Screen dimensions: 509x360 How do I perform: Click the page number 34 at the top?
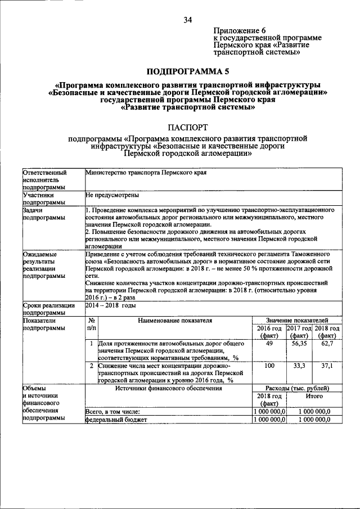click(188, 20)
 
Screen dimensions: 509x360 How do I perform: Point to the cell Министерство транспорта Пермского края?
click(146, 173)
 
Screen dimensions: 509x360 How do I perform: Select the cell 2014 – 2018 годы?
click(111, 305)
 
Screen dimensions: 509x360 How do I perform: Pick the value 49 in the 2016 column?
click(269, 343)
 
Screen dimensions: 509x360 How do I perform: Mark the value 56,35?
click(299, 343)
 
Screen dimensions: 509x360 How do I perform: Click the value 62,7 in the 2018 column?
click(327, 343)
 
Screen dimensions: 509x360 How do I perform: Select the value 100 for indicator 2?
click(269, 366)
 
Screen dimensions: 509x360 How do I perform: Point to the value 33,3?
click(299, 366)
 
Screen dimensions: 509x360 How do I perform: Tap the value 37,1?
click(327, 366)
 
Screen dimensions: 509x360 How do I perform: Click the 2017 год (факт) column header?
click(299, 332)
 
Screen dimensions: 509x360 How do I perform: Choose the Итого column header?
click(313, 397)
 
